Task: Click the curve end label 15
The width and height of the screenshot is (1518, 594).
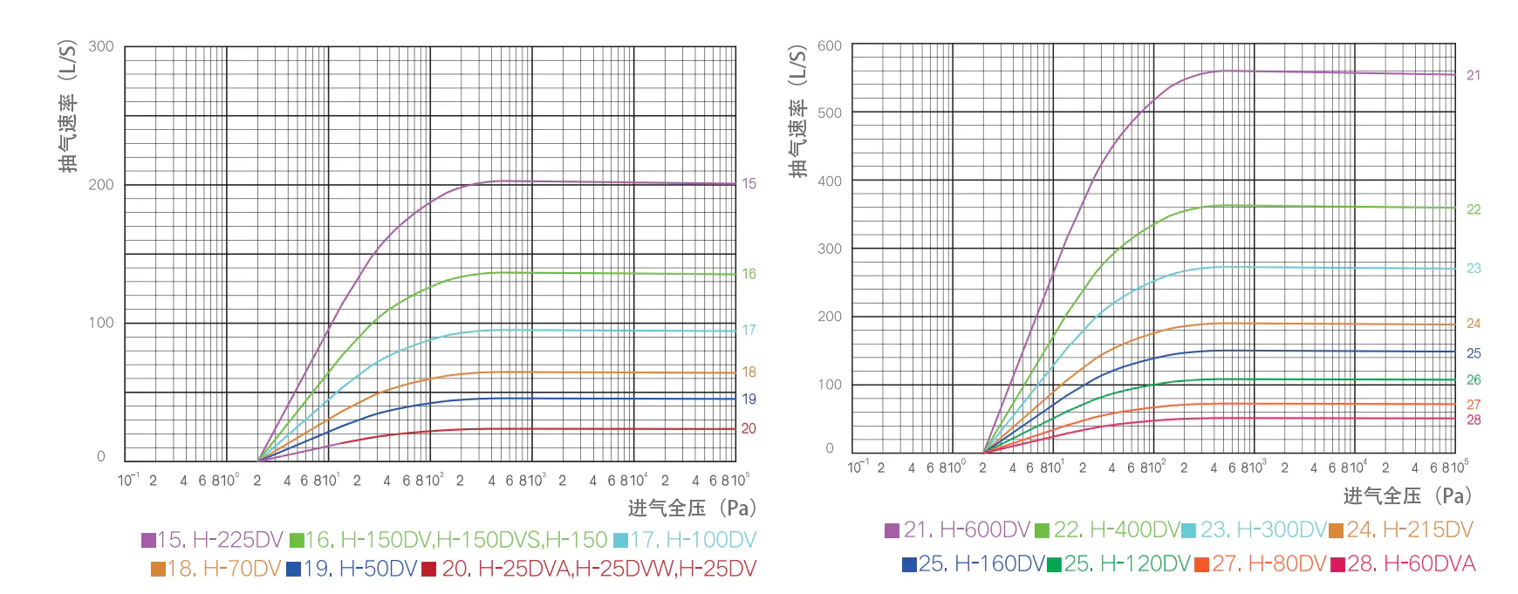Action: (x=749, y=183)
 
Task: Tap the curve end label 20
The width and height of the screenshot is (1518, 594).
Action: (x=749, y=428)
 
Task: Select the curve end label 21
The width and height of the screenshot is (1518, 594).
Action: (x=1474, y=75)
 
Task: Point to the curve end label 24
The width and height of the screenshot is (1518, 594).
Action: (x=1474, y=324)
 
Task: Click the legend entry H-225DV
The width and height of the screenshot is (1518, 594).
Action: (x=221, y=540)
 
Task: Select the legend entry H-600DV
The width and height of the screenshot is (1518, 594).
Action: (x=967, y=529)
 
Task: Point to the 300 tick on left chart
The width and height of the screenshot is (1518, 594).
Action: (x=101, y=46)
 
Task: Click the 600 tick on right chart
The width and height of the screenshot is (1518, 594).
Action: (x=830, y=45)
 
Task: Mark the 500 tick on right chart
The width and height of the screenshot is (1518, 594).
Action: (x=830, y=113)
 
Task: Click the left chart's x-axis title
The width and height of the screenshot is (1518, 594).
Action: (x=691, y=508)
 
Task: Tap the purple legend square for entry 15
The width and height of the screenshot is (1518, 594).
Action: (x=148, y=541)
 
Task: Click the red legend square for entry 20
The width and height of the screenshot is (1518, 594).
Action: (x=428, y=570)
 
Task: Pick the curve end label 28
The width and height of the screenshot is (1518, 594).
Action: (x=1474, y=420)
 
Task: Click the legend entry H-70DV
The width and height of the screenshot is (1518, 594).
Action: (x=224, y=569)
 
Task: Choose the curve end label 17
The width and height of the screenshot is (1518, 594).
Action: (x=749, y=330)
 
